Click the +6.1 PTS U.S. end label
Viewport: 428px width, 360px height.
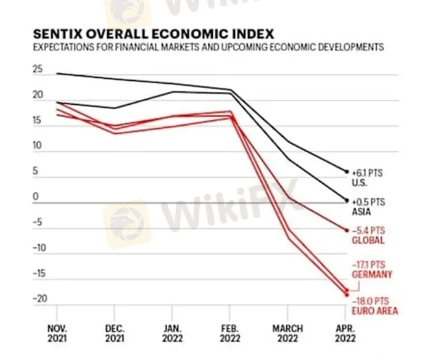[x=368, y=178]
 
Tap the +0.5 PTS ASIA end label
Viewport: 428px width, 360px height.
[x=368, y=206]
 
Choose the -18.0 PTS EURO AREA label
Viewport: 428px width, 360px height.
[x=375, y=306]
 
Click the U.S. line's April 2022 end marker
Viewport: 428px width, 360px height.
[x=347, y=172]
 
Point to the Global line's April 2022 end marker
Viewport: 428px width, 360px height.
[x=347, y=230]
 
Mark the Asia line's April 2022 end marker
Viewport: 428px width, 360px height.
[x=347, y=200]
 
